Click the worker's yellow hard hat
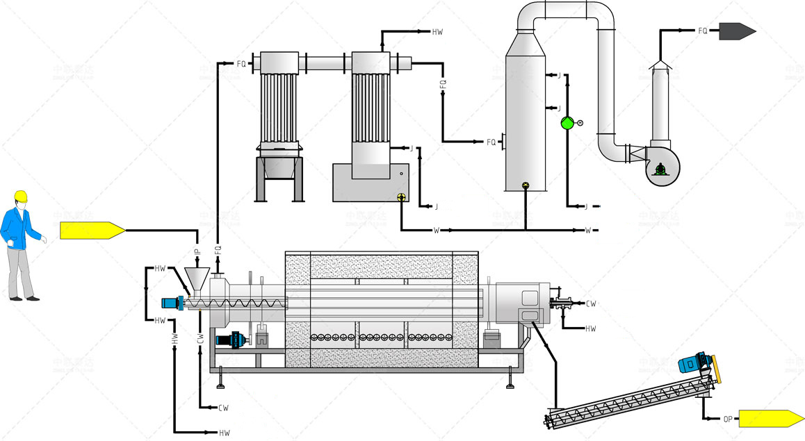pyautogui.click(x=22, y=196)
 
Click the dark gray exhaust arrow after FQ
pyautogui.click(x=737, y=31)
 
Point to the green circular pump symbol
pyautogui.click(x=567, y=123)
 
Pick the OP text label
pyautogui.click(x=727, y=419)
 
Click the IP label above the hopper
pyautogui.click(x=197, y=247)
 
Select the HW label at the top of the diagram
pyautogui.click(x=437, y=32)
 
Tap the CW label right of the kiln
pyautogui.click(x=590, y=303)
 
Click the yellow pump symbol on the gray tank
pyautogui.click(x=401, y=197)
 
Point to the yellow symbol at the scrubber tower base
pyautogui.click(x=525, y=185)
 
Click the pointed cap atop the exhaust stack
pyautogui.click(x=661, y=65)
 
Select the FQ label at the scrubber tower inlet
pyautogui.click(x=491, y=142)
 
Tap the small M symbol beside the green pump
pyautogui.click(x=580, y=123)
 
